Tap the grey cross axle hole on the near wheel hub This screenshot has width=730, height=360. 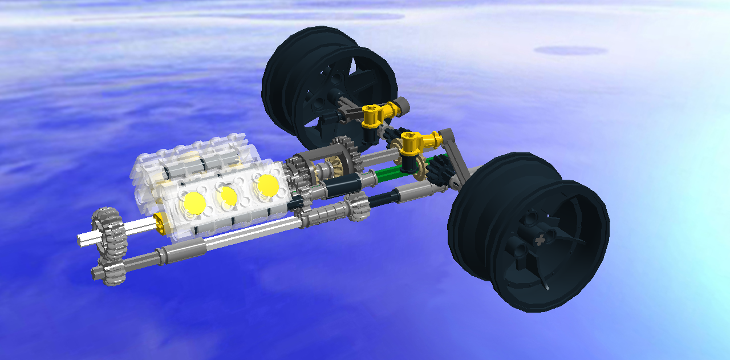[x=537, y=241]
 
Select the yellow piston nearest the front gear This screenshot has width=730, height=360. [x=194, y=203]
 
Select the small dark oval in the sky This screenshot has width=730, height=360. [x=570, y=51]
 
